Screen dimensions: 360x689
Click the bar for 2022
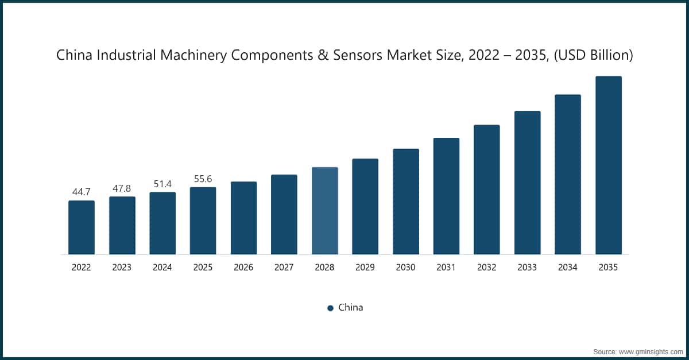(82, 227)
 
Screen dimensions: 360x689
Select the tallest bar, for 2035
(609, 165)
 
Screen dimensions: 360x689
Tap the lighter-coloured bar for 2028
(325, 211)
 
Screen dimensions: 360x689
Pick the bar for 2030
(406, 202)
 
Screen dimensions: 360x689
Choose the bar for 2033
(527, 183)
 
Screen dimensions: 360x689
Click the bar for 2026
(243, 218)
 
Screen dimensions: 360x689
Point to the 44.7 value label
(82, 192)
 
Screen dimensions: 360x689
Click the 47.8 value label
(122, 188)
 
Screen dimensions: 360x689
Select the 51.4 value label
(162, 183)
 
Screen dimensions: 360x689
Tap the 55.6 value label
(203, 179)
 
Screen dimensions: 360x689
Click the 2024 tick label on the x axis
(162, 268)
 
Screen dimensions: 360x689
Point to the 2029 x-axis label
(365, 268)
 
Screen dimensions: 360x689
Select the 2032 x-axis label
(487, 268)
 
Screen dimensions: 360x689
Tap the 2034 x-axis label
(568, 268)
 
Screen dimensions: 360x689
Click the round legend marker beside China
(330, 308)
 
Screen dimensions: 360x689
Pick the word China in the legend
(350, 307)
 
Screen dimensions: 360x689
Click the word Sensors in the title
(353, 56)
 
